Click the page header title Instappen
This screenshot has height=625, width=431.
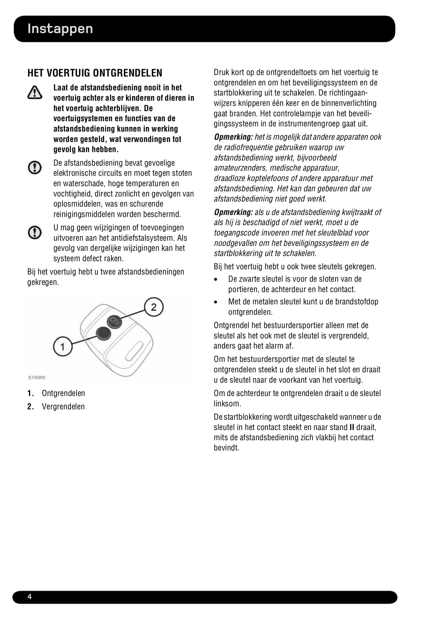pos(60,29)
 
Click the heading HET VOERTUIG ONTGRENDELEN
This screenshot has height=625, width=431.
pos(95,73)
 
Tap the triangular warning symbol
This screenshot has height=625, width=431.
pos(35,92)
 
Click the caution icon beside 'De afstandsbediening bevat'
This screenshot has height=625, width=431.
pos(35,167)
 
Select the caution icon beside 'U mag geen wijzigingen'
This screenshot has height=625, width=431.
pos(35,232)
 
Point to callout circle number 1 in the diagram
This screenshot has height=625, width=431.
pos(63,346)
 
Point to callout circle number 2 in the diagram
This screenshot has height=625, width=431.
pos(154,307)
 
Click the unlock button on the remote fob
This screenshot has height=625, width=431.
pos(103,334)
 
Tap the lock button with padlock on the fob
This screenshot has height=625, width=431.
pos(114,322)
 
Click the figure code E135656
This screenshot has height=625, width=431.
pos(37,377)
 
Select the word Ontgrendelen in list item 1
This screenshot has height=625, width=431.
pos(63,393)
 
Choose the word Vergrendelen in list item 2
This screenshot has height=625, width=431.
pos(63,407)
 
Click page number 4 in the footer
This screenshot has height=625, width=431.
pos(30,597)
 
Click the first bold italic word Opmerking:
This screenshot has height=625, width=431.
pos(233,137)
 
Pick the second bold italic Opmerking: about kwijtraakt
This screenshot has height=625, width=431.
pos(233,212)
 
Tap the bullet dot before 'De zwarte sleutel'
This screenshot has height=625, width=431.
pos(216,280)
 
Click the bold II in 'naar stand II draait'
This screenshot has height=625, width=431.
pos(352,427)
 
